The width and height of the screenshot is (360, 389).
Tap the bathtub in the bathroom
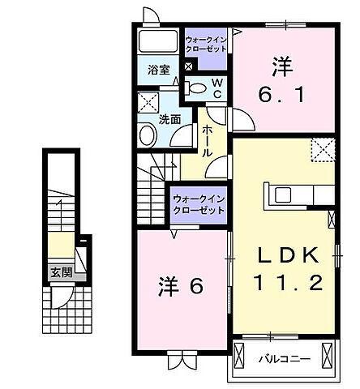click(x=157, y=42)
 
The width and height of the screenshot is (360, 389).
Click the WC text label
click(x=218, y=88)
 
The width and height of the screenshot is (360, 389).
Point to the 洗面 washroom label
click(x=170, y=119)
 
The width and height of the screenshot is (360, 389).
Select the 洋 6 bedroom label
click(x=180, y=286)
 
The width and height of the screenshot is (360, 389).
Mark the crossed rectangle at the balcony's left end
click(x=240, y=355)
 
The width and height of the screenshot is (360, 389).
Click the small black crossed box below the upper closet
click(x=189, y=66)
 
